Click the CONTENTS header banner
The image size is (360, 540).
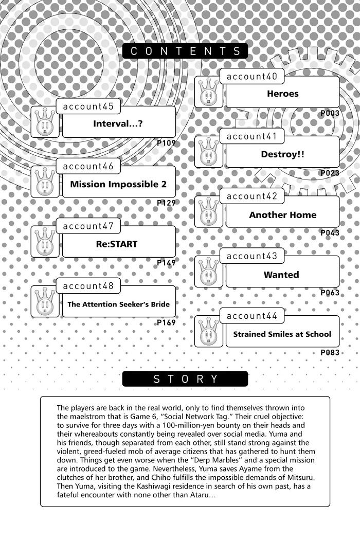tap(185, 51)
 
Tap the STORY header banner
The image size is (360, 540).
tap(185, 379)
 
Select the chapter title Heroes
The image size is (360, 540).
tap(282, 94)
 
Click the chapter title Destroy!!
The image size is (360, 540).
tap(282, 154)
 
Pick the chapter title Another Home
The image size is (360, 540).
tap(282, 215)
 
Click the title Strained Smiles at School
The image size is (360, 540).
tap(282, 334)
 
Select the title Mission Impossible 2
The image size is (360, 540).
tap(118, 184)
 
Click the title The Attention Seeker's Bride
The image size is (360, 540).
tap(118, 304)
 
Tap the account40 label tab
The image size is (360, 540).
tap(252, 77)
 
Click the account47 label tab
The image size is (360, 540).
tap(88, 226)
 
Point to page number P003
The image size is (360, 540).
tap(330, 113)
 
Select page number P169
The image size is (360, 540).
tap(166, 323)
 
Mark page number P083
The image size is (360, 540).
tap(330, 353)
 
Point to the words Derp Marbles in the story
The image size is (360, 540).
tap(213, 460)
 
